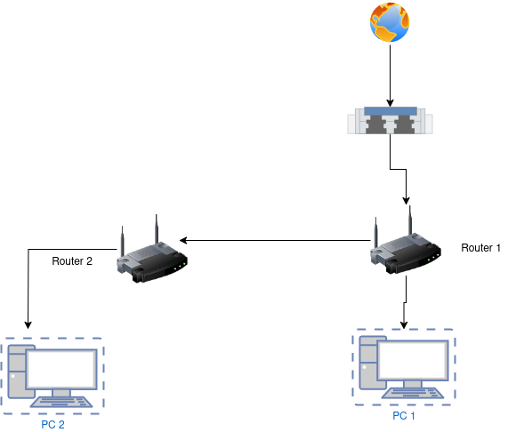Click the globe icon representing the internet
[x=390, y=22]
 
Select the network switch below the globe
[x=390, y=120]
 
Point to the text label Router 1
[x=480, y=248]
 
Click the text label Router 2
[x=72, y=261]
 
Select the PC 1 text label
[x=404, y=416]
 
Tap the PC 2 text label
[x=52, y=424]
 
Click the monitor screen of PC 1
[x=413, y=360]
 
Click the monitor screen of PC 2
[x=62, y=369]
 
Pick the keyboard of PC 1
[x=413, y=393]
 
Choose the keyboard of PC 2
[x=61, y=402]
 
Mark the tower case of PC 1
[x=369, y=363]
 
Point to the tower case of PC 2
[x=18, y=372]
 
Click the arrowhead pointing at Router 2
[x=183, y=240]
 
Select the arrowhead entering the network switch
[x=390, y=103]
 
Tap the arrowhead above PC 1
[x=404, y=325]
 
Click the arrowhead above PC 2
[x=28, y=325]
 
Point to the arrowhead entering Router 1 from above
[x=406, y=201]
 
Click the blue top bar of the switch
[x=391, y=111]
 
